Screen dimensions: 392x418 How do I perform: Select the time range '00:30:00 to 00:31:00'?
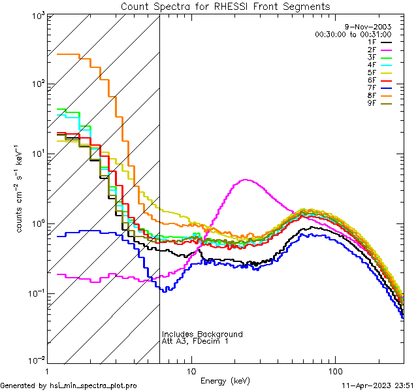pos(353,34)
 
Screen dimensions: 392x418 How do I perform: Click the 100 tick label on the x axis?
pos(334,370)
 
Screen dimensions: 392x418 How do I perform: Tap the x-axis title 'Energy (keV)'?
pos(225,380)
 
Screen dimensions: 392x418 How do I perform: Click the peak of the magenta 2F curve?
pos(246,180)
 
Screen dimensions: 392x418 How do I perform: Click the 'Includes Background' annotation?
pos(202,335)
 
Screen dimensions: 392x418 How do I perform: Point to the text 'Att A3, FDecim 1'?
pos(195,342)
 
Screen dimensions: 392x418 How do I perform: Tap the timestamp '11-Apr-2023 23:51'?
pos(376,385)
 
